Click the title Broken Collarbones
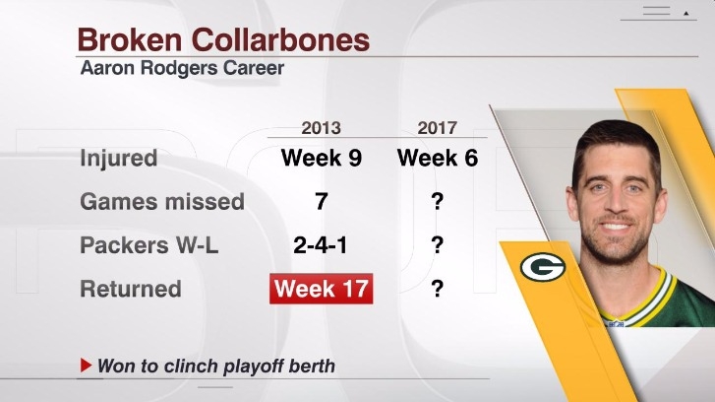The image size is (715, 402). pyautogui.click(x=223, y=39)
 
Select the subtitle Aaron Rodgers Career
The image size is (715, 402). pyautogui.click(x=182, y=68)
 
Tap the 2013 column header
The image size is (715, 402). pyautogui.click(x=321, y=128)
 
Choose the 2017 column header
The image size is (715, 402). pyautogui.click(x=438, y=128)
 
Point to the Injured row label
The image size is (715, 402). pyautogui.click(x=119, y=158)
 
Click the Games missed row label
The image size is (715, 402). pyautogui.click(x=162, y=201)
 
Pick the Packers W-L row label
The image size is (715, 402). pyautogui.click(x=149, y=245)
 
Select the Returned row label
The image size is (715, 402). pyautogui.click(x=131, y=289)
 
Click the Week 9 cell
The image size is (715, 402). pyautogui.click(x=322, y=158)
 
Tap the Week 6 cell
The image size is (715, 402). pyautogui.click(x=438, y=158)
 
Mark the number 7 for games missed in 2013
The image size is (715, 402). pyautogui.click(x=322, y=201)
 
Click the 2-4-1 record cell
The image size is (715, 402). pyautogui.click(x=320, y=245)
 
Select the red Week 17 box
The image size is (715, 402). pyautogui.click(x=321, y=289)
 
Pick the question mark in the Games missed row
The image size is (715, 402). pyautogui.click(x=438, y=201)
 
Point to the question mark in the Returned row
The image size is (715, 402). pyautogui.click(x=438, y=289)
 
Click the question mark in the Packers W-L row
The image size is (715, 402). pyautogui.click(x=438, y=245)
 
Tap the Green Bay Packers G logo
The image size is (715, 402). pyautogui.click(x=543, y=267)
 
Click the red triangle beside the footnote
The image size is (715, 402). pyautogui.click(x=86, y=365)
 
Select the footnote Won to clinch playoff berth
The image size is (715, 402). pyautogui.click(x=216, y=366)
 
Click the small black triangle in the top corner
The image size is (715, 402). pyautogui.click(x=685, y=14)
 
